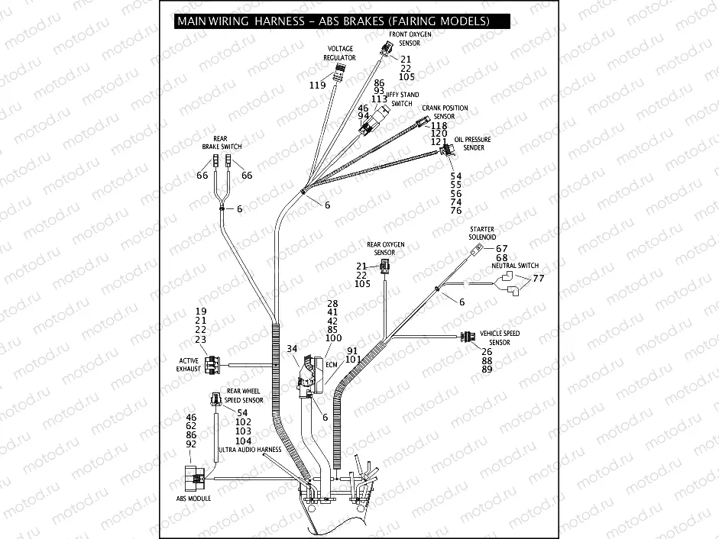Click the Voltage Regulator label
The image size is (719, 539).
(339, 53)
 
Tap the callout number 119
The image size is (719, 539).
(318, 86)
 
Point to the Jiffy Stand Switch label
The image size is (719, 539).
(402, 99)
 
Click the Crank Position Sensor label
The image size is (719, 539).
(445, 112)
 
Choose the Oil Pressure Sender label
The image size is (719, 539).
(473, 144)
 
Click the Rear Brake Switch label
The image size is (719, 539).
(222, 142)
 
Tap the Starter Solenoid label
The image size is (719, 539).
(482, 233)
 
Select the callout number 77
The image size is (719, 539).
(538, 279)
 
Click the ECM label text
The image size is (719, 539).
(331, 365)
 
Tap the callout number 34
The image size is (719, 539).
(292, 349)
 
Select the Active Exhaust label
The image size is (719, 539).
(189, 364)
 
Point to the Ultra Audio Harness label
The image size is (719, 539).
(251, 450)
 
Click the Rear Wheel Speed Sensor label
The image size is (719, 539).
(244, 395)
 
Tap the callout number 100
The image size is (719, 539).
(333, 337)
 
